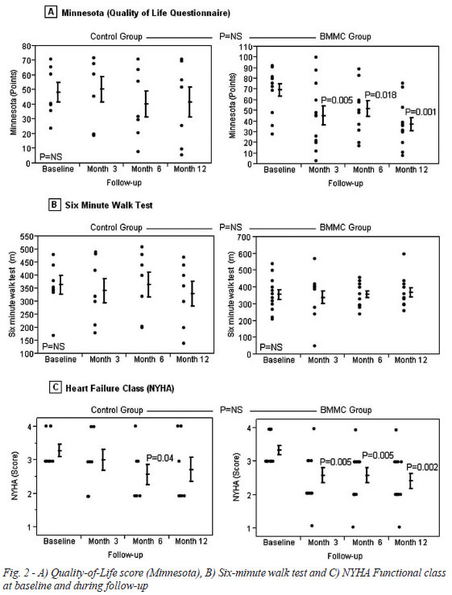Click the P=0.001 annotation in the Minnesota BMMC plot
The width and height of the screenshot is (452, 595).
click(421, 112)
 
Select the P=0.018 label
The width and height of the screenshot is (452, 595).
click(380, 95)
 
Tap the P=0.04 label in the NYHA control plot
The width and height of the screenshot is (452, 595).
click(160, 458)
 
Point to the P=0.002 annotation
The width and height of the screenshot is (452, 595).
click(423, 467)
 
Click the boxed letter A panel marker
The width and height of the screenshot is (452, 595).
click(52, 13)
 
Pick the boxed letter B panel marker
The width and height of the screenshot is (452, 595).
click(54, 205)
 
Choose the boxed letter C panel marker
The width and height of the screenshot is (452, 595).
click(55, 387)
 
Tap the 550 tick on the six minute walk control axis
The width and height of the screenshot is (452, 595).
click(27, 237)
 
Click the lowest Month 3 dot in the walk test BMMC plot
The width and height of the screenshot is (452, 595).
click(315, 345)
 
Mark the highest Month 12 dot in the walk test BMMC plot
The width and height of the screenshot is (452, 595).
click(404, 254)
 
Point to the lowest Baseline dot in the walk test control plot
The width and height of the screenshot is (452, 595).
click(53, 336)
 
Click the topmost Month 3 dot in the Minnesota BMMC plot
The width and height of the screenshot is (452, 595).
click(316, 57)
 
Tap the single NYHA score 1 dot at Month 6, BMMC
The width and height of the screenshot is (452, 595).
click(353, 527)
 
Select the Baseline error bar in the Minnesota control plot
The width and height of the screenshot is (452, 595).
click(58, 92)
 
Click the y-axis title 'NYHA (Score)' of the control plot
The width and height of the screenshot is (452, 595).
click(15, 476)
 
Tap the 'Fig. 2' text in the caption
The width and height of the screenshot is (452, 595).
click(14, 572)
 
